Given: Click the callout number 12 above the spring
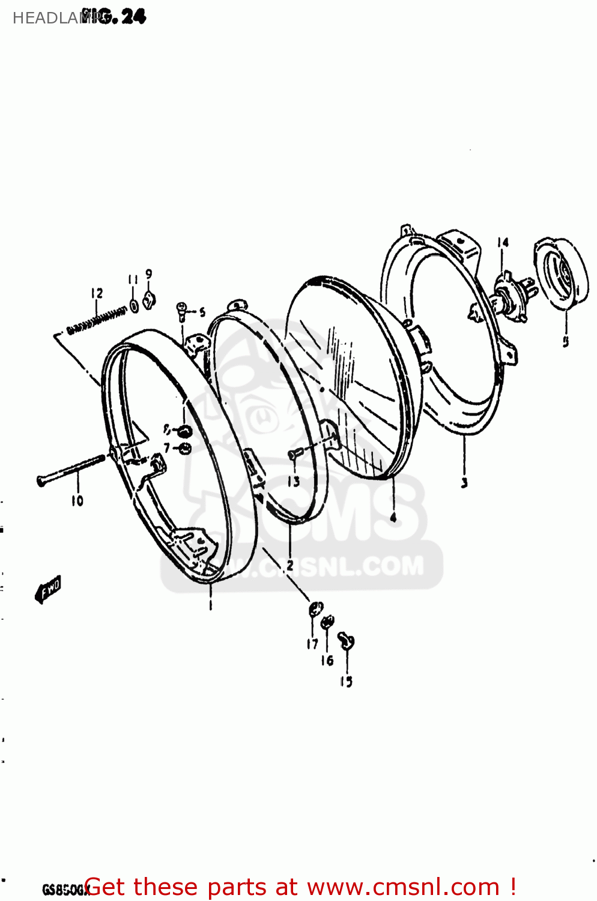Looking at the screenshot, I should coord(97,293).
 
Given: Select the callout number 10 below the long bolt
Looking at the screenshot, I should coord(77,501).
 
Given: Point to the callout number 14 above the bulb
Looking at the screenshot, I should coord(503,242).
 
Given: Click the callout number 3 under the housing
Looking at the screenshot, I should coord(464,482).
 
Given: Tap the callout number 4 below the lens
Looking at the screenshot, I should coord(393,517).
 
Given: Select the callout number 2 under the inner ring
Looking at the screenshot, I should coord(290,565).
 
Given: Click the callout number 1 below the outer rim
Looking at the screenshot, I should coord(210,605).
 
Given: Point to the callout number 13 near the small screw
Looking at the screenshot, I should coord(293,482).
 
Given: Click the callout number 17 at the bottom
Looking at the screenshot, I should coord(312,644).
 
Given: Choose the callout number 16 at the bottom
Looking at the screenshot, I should coord(327,661).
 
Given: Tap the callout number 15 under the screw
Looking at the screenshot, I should coord(346,681).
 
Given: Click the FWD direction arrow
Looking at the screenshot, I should coord(49,588).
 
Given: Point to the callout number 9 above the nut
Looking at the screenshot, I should coord(148,274).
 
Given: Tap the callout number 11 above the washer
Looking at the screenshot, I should coord(133,280).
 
